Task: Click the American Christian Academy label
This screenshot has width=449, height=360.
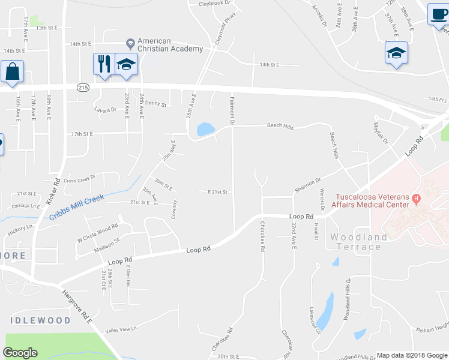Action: coord(170,45)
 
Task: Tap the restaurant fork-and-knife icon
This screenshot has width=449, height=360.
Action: coord(103,63)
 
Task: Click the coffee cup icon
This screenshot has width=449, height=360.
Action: coord(438,14)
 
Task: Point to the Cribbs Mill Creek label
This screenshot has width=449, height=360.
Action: coord(77,206)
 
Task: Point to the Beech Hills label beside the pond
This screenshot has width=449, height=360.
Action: coord(280,127)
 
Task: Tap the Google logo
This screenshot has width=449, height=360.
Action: coord(20,353)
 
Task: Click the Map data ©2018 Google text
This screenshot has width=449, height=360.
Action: coord(411,355)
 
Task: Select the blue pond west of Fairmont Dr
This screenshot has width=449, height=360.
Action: coord(205,129)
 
